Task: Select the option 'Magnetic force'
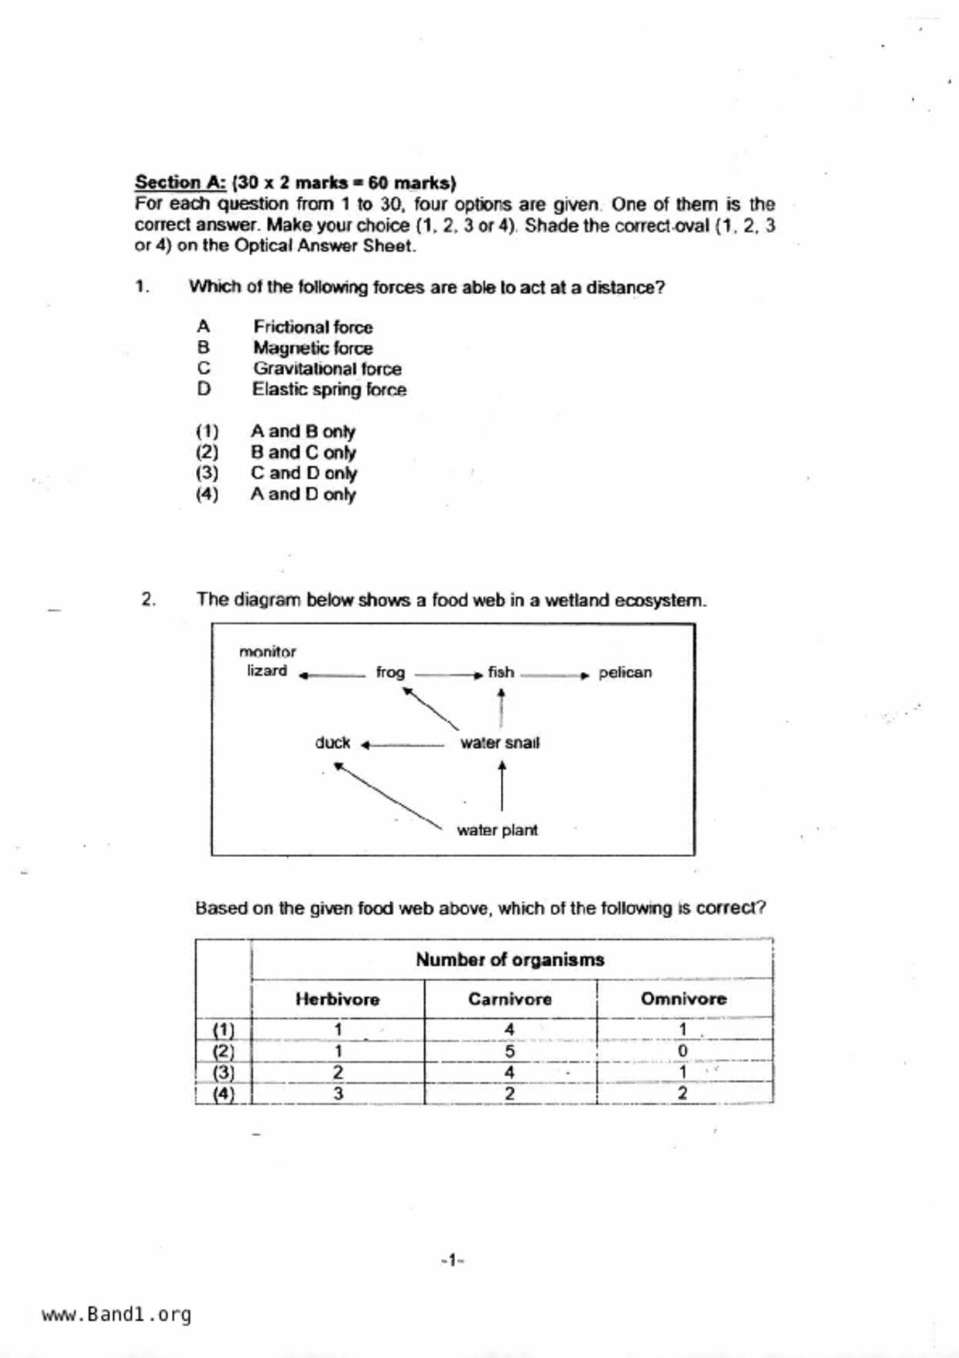[x=312, y=348]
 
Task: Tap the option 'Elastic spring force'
[x=329, y=389]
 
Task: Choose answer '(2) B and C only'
[x=303, y=452]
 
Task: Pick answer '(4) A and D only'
[x=303, y=494]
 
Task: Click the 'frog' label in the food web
[x=390, y=672]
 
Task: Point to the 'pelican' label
[x=625, y=672]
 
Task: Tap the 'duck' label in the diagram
[x=332, y=742]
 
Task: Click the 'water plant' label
[x=497, y=830]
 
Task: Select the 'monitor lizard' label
[x=267, y=661]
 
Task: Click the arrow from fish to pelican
[x=555, y=675]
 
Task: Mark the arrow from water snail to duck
[x=402, y=746]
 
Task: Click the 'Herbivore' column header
[x=337, y=1000]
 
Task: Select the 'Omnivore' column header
[x=683, y=1000]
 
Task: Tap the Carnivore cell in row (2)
[x=509, y=1051]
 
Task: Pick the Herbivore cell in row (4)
[x=337, y=1093]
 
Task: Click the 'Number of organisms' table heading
[x=509, y=960]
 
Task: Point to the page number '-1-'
[x=452, y=1260]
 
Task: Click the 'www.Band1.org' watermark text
[x=116, y=1315]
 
